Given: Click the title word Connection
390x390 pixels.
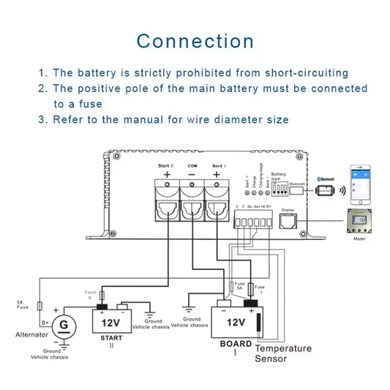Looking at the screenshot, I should click(x=195, y=40).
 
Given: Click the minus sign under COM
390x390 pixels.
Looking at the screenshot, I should click(x=192, y=175).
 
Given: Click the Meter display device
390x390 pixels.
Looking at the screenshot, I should click(x=361, y=224).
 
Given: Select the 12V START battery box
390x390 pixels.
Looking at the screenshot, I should click(x=110, y=321).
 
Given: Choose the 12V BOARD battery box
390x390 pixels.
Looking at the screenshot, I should click(x=236, y=322).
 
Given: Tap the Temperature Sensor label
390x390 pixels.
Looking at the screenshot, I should click(x=282, y=353).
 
